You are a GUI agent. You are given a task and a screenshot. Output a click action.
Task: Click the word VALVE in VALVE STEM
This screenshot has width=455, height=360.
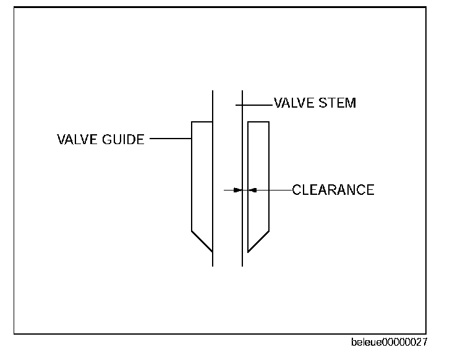[x=294, y=103]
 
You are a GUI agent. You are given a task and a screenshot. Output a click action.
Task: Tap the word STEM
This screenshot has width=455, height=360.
[x=338, y=103]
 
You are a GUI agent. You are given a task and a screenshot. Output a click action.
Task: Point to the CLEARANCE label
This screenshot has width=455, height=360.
[x=333, y=190]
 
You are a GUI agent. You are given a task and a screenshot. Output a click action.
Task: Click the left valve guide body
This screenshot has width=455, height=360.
[x=202, y=179]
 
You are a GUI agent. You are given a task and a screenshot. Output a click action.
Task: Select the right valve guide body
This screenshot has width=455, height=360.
[x=258, y=179]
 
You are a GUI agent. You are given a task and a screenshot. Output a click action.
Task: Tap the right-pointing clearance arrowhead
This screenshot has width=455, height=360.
[x=237, y=190]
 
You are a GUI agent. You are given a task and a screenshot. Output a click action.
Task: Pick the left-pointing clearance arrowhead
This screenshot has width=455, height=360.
[x=252, y=190]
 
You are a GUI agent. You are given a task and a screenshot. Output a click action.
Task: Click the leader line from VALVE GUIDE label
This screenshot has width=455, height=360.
[x=171, y=139]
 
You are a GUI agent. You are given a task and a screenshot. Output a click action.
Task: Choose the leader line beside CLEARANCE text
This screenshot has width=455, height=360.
[x=272, y=190]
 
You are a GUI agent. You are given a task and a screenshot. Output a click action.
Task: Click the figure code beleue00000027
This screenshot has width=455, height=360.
[x=389, y=342]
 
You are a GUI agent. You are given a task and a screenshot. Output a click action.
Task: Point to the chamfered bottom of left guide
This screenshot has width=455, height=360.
[x=202, y=241]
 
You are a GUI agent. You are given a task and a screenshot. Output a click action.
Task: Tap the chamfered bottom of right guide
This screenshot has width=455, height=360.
[x=258, y=241]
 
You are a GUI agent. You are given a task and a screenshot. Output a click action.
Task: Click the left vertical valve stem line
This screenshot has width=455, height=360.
[x=213, y=186]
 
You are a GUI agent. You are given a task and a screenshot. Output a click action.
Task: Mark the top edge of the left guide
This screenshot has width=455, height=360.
[x=202, y=122]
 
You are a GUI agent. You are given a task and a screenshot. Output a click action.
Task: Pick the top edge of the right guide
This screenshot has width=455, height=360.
[x=258, y=122]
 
